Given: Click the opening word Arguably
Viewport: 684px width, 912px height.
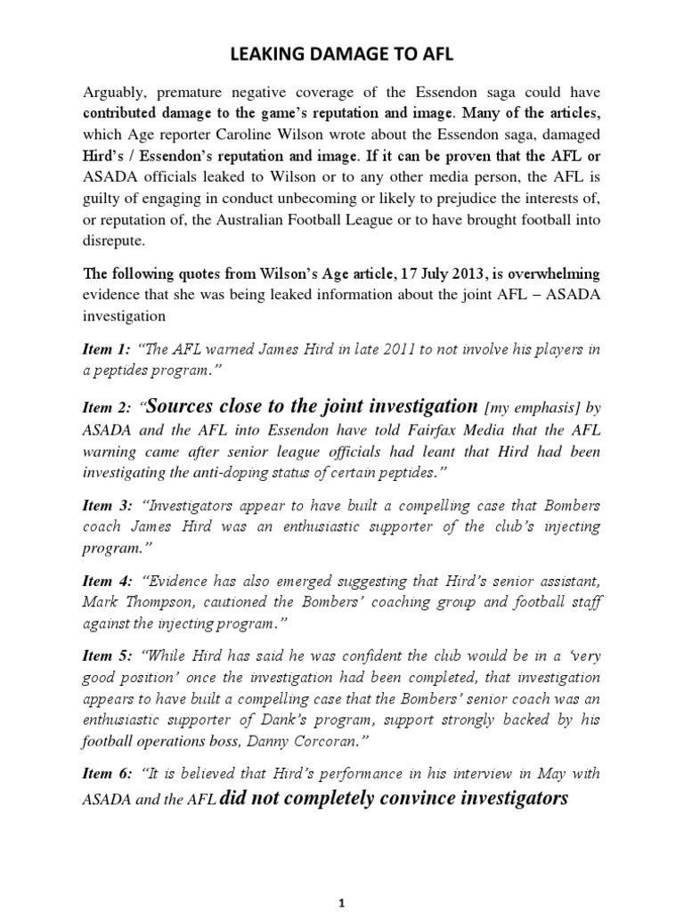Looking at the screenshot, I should (x=113, y=94).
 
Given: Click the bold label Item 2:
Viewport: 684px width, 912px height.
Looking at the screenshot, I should (x=107, y=409).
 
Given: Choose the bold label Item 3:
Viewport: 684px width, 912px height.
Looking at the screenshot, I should (x=107, y=505).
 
